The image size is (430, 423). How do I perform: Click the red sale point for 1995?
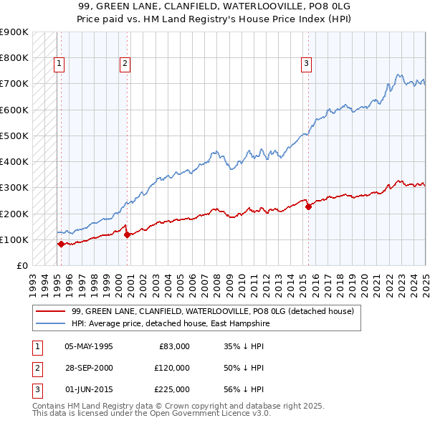[x=61, y=244]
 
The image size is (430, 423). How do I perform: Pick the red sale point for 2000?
[x=127, y=234]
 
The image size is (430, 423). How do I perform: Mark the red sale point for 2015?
[x=309, y=206]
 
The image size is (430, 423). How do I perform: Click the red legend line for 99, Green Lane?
[x=50, y=312]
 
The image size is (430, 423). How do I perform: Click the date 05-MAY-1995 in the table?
[x=89, y=346]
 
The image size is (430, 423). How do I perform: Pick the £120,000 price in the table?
[x=172, y=368]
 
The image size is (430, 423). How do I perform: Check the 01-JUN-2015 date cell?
[x=89, y=389]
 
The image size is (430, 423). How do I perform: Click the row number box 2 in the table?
[x=36, y=368]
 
